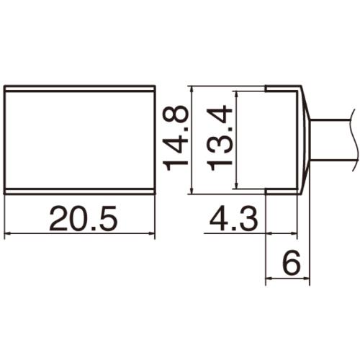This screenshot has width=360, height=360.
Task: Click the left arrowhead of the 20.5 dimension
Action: click(x=8, y=234)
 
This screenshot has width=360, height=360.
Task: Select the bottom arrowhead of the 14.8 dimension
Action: click(x=192, y=190)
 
